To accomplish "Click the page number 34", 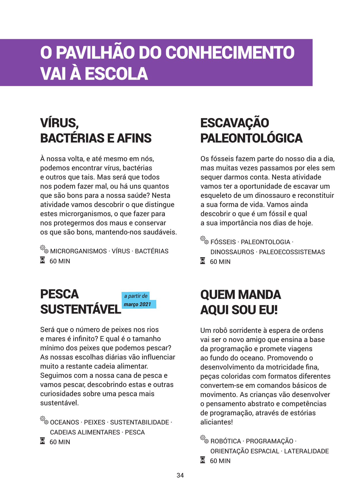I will pos(180,475).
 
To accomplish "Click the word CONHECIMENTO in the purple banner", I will pos(230,52).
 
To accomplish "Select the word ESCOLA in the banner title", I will pos(116,74).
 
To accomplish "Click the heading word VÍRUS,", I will pos(59,123).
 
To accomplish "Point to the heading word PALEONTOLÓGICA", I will pos(251,138).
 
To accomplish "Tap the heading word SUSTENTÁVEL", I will pos(81,309).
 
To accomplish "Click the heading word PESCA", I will pos(59,294).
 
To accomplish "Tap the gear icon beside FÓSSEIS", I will pos(204,240).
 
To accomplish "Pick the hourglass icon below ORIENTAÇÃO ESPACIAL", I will pos(203,460).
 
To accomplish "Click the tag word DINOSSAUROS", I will pos(232,252).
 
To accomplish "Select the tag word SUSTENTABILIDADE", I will pos(140,422).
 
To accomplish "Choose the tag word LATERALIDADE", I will pos(306,451).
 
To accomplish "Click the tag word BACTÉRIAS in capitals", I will pos(152,251).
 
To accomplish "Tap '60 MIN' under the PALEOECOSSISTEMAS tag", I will pos(220,262).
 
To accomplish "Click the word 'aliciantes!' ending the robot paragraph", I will pos(217,422).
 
